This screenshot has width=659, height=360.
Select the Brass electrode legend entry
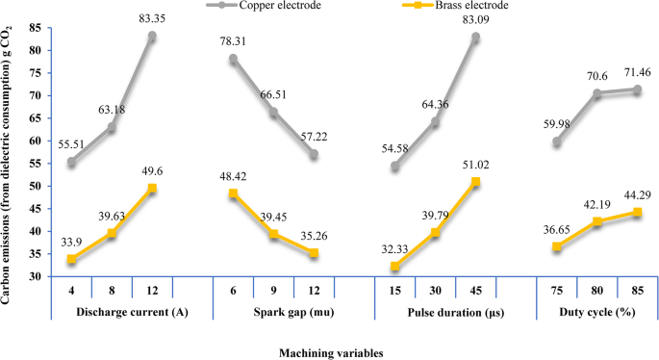point(466,6)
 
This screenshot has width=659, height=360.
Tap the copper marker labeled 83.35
point(152,37)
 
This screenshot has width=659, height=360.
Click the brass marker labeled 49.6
point(152,188)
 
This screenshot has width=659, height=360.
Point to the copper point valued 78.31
point(233,59)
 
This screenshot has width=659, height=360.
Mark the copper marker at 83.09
point(475,38)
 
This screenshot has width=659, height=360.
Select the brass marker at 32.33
point(394,266)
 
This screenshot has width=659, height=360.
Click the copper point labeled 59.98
point(556,141)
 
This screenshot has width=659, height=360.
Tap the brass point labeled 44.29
point(637,212)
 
